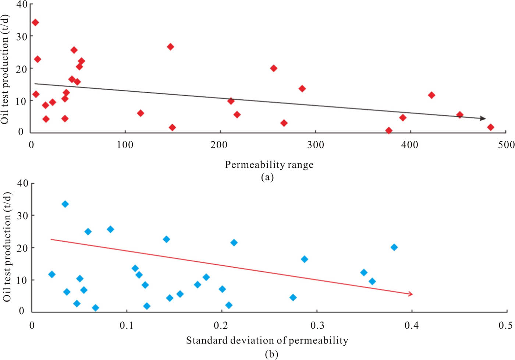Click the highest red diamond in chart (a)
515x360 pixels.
point(35,22)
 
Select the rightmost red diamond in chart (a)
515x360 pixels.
point(490,127)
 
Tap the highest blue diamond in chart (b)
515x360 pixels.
point(65,204)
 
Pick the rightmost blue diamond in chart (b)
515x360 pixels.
point(394,247)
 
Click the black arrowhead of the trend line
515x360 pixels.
point(483,118)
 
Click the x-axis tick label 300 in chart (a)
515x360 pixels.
point(315,145)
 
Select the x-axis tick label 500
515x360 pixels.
point(506,145)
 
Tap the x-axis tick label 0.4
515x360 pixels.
point(411,325)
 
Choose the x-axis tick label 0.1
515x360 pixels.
point(127,325)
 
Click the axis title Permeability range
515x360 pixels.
point(269,165)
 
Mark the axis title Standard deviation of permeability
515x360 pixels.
point(267,340)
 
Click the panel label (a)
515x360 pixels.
point(267,177)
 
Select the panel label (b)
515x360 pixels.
point(271,354)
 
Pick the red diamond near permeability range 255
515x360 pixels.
point(273,68)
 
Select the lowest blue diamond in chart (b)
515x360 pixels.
point(95,308)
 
